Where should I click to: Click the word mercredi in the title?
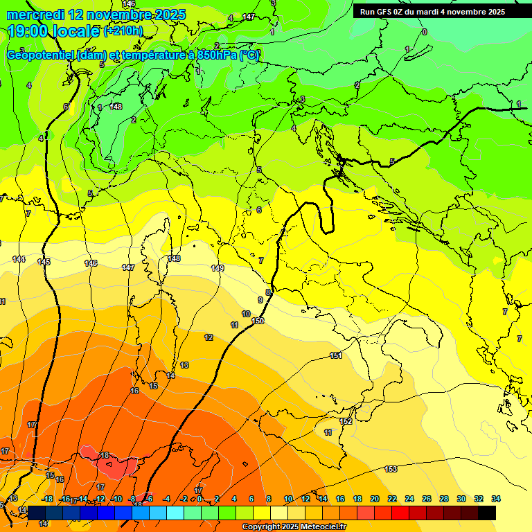[x=35, y=15]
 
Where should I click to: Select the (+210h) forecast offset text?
[x=123, y=31]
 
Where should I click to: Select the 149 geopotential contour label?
[x=218, y=268]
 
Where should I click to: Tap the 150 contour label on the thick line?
[x=258, y=321]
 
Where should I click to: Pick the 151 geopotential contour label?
[x=336, y=355]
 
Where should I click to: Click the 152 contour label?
[x=346, y=421]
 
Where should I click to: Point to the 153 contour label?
[x=391, y=469]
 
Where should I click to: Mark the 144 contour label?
[x=19, y=259]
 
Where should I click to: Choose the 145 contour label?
[x=44, y=262]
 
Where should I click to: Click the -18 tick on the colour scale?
[x=48, y=499]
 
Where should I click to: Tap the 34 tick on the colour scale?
[x=496, y=499]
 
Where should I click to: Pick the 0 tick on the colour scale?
[x=199, y=499]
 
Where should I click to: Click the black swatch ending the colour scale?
[x=487, y=513]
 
